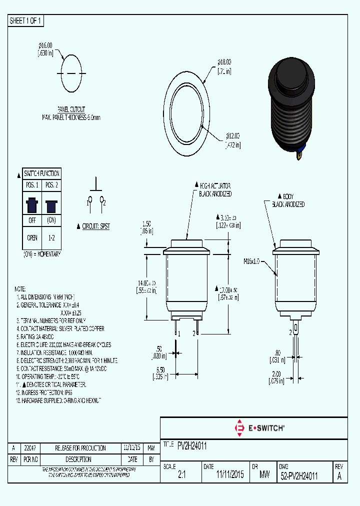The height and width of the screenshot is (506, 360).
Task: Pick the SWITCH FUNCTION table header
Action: coord(41,173)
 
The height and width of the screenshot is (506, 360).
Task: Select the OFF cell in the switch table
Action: coord(32,220)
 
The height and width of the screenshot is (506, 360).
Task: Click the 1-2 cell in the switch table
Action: coord(50,238)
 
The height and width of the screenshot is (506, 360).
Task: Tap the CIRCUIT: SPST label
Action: coord(95,226)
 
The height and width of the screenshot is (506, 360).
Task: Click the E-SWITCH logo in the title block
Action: coord(259,428)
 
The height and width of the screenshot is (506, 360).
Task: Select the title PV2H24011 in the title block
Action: coord(192,444)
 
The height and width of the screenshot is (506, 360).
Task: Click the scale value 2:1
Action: coord(181,475)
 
